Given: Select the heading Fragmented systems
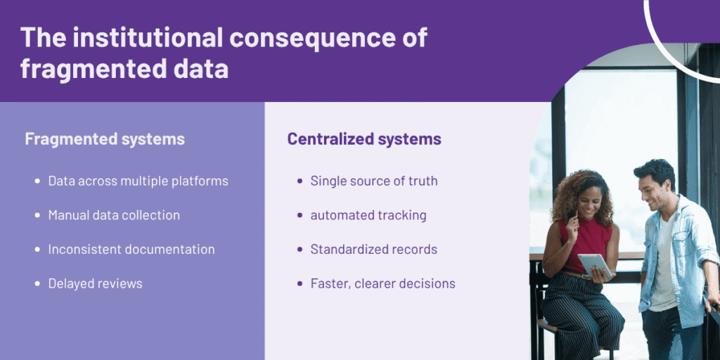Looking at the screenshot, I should [x=105, y=139].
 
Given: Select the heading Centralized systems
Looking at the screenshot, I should [x=364, y=139].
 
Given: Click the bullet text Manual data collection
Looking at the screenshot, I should [x=114, y=215].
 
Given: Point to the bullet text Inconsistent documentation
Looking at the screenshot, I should [x=131, y=250].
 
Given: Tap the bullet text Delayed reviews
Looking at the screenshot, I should [x=95, y=284].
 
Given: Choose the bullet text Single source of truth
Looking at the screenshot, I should [x=374, y=181].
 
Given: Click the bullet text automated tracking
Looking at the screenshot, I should [x=368, y=215].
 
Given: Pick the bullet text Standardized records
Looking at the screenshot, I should [x=374, y=250].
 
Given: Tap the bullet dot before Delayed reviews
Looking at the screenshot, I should [x=37, y=284].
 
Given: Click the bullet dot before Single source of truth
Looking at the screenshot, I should [x=300, y=181].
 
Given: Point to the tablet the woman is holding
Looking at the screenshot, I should [x=594, y=264].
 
